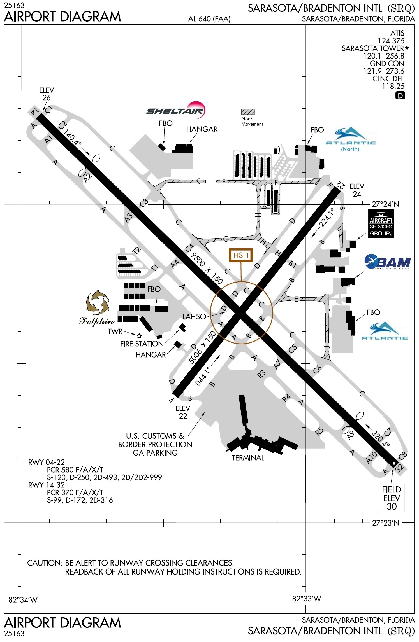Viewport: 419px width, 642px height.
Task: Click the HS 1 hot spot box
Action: pos(241,255)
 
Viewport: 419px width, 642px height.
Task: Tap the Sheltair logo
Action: pos(176,110)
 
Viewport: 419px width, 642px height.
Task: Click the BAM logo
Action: pos(387,262)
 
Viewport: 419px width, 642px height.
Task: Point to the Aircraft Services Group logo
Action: pos(381,224)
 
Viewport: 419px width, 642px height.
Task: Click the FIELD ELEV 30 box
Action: pos(392,498)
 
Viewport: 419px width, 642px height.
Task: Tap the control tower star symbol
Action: pos(139,335)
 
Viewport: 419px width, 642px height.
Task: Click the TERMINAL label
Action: pos(248,458)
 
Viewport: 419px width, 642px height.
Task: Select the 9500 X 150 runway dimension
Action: pos(207,268)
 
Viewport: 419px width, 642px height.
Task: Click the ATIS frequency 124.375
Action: pos(391,41)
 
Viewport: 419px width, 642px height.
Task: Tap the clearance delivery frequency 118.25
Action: pos(393,86)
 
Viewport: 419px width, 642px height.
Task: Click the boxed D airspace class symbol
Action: pos(400,96)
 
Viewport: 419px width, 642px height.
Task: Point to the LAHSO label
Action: pos(194,317)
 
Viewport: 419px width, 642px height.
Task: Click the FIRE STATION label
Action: pos(142,344)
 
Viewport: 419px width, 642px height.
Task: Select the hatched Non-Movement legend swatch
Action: pos(248,112)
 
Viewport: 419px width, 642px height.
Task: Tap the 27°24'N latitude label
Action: pos(385,204)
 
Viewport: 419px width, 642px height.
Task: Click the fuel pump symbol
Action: pos(277,150)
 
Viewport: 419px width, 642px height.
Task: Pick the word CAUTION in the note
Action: pos(45,563)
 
